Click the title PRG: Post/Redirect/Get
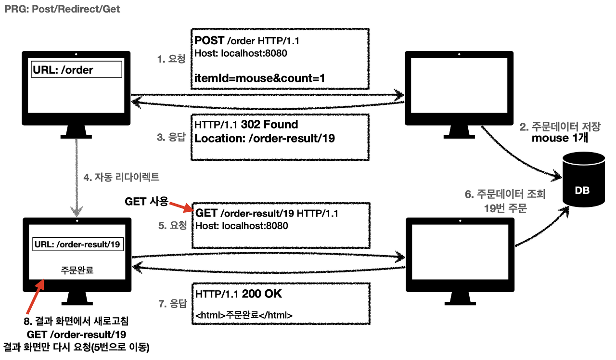click(x=62, y=9)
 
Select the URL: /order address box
click(x=76, y=70)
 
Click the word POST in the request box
click(x=209, y=40)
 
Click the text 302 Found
click(x=269, y=125)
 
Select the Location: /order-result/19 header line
click(x=265, y=138)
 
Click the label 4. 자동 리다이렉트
click(x=121, y=178)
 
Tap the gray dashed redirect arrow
click(x=76, y=178)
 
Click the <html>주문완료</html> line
click(x=244, y=315)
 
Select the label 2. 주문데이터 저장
click(x=560, y=128)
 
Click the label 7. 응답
click(x=172, y=303)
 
